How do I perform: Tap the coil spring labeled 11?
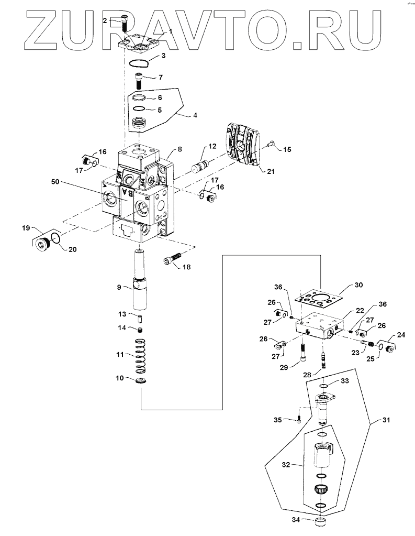click(141, 356)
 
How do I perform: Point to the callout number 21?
click(271, 172)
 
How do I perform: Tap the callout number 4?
click(195, 115)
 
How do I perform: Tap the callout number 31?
click(386, 420)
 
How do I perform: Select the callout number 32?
click(286, 465)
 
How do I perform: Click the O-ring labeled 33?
click(324, 386)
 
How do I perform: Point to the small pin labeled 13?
click(140, 319)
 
